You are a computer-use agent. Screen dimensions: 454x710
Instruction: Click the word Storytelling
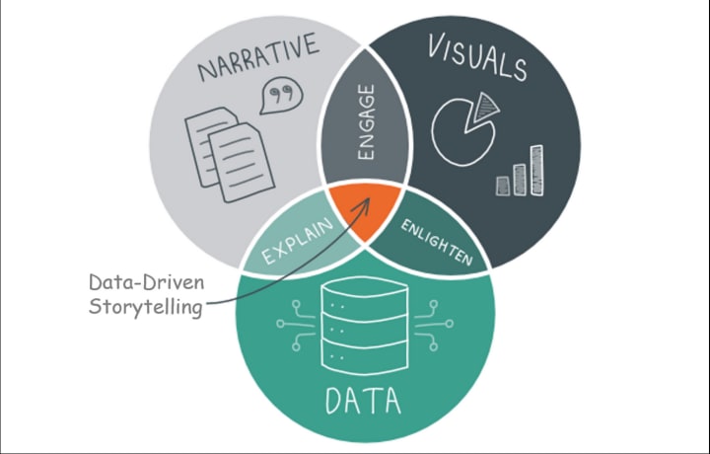(145, 306)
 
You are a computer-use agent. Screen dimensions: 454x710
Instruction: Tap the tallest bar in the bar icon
(535, 169)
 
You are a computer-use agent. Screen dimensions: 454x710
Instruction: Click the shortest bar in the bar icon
(502, 185)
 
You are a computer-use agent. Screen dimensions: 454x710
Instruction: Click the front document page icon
(237, 161)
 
